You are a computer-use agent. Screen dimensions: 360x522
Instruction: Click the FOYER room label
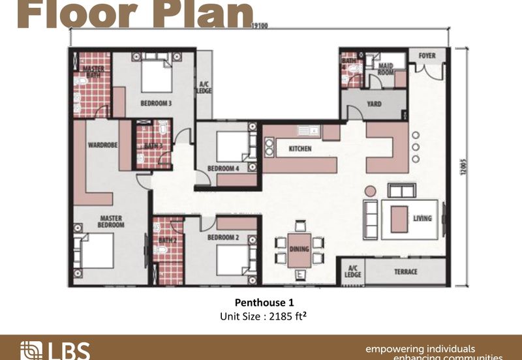coord(427,56)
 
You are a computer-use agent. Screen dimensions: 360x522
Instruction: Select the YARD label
coord(374,104)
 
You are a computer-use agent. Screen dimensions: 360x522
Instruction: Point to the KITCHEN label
coord(300,149)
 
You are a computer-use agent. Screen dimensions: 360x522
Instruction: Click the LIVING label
coord(422,218)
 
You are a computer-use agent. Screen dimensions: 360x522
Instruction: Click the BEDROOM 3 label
coord(156,103)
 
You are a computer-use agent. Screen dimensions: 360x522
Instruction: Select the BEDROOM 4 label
coord(223,168)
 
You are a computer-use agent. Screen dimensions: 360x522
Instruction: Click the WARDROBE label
coord(102,145)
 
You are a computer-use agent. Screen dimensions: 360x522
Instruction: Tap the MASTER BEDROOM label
coord(112,222)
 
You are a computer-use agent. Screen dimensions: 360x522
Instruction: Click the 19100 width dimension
coord(259,27)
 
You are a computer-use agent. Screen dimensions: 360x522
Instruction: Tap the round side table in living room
coord(370,191)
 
